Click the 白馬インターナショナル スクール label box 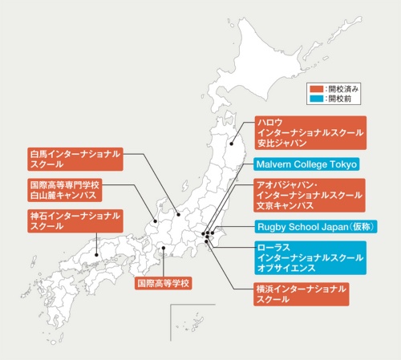74,158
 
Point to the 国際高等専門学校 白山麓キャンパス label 64,189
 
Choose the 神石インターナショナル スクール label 74,221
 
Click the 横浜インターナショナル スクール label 302,294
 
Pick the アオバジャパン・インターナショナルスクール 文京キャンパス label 309,195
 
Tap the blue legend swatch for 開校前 317,100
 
